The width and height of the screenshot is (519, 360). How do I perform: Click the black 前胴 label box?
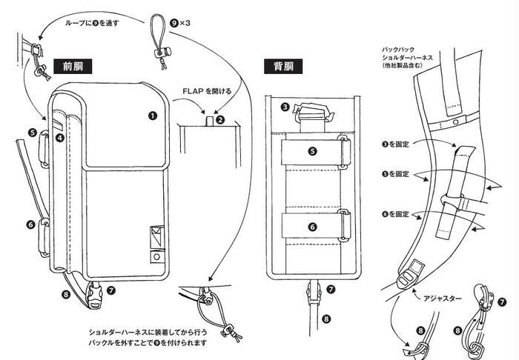point(73,65)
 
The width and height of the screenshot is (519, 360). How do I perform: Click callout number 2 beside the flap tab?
point(220,119)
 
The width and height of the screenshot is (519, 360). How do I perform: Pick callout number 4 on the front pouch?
point(59,137)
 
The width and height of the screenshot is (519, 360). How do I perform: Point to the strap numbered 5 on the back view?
point(313,150)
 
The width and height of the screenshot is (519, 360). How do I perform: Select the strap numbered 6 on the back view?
point(313,225)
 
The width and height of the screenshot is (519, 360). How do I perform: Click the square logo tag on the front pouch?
point(156,235)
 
